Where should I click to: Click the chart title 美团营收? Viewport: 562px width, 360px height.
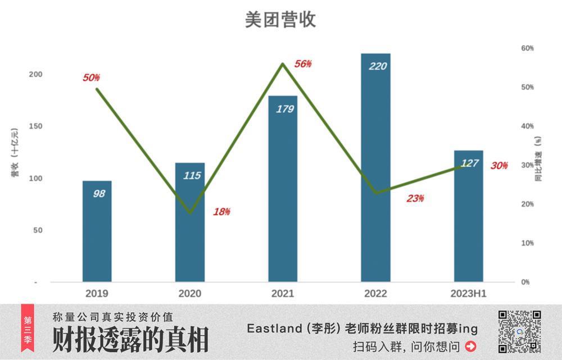click(280, 20)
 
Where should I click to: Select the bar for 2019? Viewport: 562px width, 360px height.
click(97, 231)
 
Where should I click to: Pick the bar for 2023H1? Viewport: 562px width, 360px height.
click(468, 216)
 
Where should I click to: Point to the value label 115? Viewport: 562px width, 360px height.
click(192, 176)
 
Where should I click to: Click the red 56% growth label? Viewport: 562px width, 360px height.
click(302, 63)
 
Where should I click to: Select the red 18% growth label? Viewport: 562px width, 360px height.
click(221, 212)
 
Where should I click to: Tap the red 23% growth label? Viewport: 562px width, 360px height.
click(415, 198)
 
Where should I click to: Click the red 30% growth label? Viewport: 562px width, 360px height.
click(499, 166)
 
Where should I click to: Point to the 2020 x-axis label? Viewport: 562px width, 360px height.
click(189, 294)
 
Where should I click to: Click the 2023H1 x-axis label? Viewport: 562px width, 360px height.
click(468, 294)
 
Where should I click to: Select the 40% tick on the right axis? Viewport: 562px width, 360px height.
click(527, 126)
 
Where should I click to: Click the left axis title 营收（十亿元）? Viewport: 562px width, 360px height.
click(15, 152)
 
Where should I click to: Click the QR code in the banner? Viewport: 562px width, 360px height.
click(520, 331)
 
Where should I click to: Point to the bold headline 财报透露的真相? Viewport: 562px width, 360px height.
click(130, 340)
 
